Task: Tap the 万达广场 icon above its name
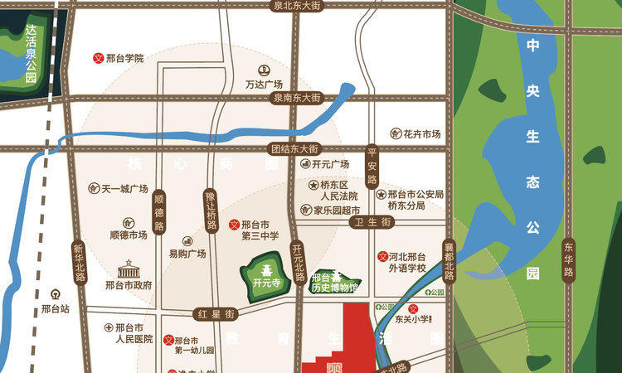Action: (x=265, y=70)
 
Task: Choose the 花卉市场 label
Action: (x=421, y=134)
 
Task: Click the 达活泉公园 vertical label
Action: (x=31, y=54)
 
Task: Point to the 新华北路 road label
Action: (x=80, y=262)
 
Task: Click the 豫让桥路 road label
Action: (x=211, y=212)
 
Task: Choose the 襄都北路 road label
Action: (x=449, y=260)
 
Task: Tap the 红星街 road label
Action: (x=216, y=314)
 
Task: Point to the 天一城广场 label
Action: (x=124, y=188)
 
